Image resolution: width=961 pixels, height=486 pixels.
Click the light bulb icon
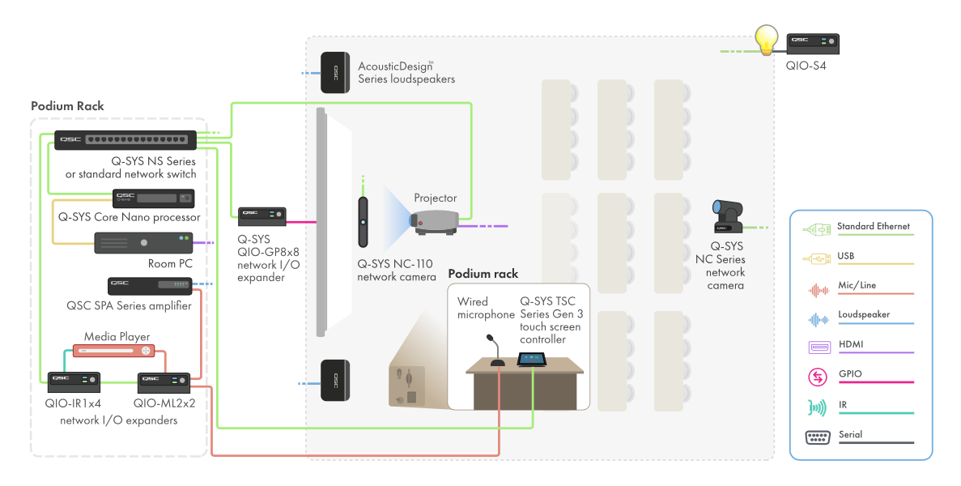click(x=766, y=39)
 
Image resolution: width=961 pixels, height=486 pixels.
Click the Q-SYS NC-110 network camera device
click(x=364, y=222)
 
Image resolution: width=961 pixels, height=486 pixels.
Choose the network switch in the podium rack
click(x=125, y=141)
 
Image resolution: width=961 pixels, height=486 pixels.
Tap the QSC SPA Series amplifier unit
click(x=150, y=285)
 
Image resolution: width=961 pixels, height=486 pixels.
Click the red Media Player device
click(x=114, y=351)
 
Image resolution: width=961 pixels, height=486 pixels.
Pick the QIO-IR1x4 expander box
click(x=74, y=382)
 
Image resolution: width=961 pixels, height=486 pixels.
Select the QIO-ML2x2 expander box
click(x=164, y=382)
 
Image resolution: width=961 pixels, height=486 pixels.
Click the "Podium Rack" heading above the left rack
click(x=67, y=106)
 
